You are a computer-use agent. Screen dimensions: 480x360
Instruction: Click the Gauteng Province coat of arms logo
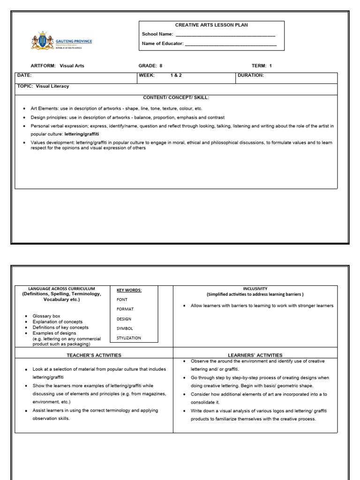tap(39, 41)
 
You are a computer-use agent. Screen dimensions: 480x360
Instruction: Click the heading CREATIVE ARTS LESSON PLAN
tap(211, 25)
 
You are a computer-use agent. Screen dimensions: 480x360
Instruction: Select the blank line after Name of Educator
tap(231, 44)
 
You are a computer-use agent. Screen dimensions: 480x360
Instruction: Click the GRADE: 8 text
tap(150, 66)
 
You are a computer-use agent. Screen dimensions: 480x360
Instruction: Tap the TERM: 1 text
tap(262, 66)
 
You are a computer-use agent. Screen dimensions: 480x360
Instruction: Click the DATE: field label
tap(24, 75)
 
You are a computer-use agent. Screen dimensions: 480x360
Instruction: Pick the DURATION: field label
tap(251, 75)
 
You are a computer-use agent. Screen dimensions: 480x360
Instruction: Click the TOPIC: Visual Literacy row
tap(43, 86)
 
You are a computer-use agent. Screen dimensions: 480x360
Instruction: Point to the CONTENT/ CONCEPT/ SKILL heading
tap(176, 97)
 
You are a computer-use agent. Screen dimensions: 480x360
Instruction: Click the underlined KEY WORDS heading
tap(129, 290)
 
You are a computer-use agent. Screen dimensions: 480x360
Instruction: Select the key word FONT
tap(122, 300)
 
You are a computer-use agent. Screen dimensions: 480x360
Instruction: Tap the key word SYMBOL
tap(125, 328)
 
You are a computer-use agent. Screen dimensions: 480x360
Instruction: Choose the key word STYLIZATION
tap(128, 337)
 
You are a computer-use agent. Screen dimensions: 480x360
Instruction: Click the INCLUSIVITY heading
tap(255, 289)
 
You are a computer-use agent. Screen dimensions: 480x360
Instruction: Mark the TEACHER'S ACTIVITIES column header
tap(94, 355)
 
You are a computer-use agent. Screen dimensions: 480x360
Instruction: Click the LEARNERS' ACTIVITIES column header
tap(255, 355)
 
